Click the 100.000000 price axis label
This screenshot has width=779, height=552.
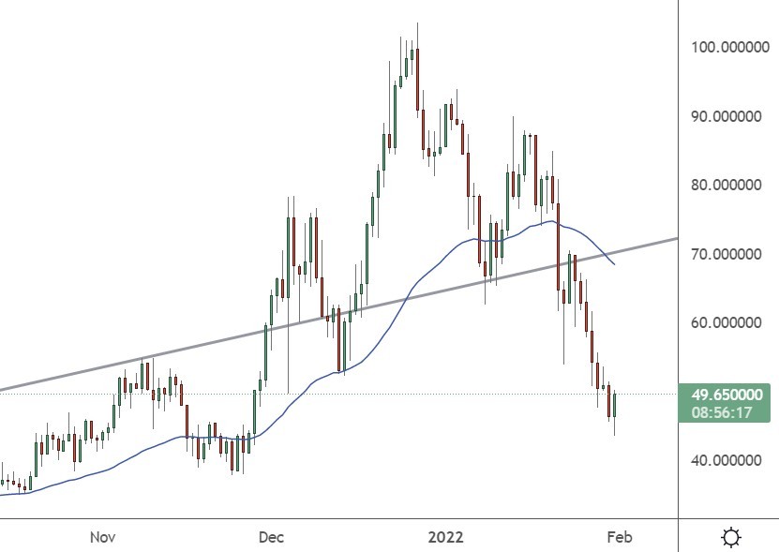(726, 47)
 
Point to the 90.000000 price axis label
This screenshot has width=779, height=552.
(726, 116)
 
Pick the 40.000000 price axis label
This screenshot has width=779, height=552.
(726, 460)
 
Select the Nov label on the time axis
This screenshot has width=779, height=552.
(103, 537)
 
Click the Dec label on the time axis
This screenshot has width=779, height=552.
(271, 537)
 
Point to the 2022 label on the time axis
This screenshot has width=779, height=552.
(446, 537)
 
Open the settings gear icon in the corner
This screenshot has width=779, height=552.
(730, 537)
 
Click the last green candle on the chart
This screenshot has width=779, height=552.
(615, 405)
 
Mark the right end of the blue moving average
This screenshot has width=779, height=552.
(615, 265)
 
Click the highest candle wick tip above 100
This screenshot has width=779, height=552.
(417, 23)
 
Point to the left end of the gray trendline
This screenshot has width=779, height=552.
(2, 389)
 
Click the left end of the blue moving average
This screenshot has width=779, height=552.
(2, 494)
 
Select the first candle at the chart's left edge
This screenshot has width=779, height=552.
(3, 481)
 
